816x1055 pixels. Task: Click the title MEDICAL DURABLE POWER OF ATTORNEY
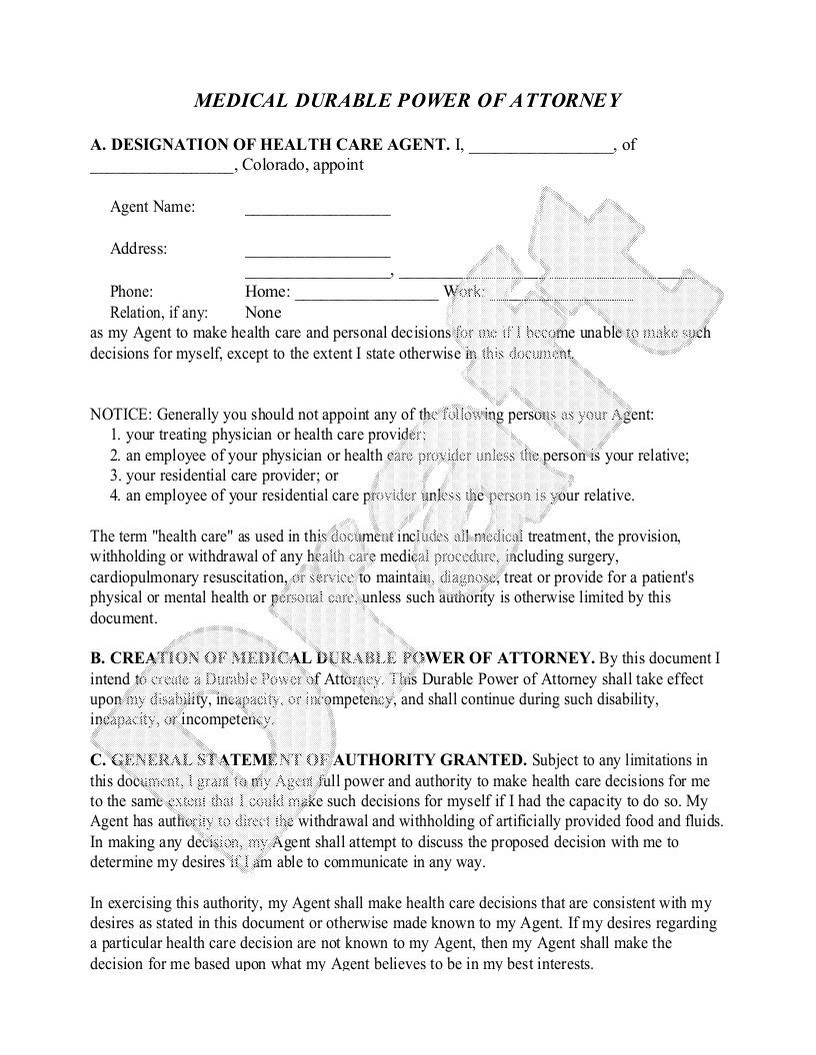(x=407, y=101)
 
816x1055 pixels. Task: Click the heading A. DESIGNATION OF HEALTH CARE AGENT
(x=270, y=145)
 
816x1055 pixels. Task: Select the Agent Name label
(x=152, y=207)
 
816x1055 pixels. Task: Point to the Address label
(x=138, y=249)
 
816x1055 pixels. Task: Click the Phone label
(x=131, y=292)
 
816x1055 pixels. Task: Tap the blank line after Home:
(x=366, y=294)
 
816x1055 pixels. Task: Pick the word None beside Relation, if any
(x=263, y=313)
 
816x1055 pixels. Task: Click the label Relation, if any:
(x=159, y=313)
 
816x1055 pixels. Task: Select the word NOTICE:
(x=121, y=414)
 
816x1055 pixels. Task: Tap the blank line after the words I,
(x=541, y=146)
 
